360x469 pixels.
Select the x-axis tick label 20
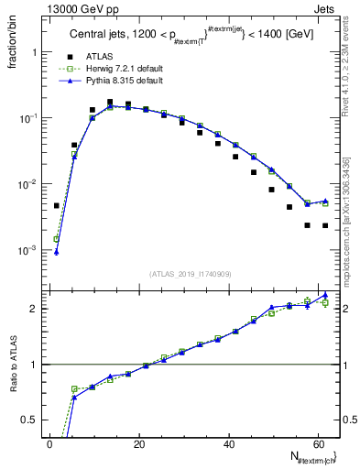click(x=139, y=444)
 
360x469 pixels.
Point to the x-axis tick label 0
click(x=50, y=444)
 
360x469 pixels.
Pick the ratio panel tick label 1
click(x=35, y=365)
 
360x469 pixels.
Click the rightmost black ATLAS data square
click(x=325, y=225)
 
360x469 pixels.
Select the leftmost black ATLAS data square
click(x=57, y=206)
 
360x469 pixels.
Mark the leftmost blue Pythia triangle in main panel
click(x=57, y=252)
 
